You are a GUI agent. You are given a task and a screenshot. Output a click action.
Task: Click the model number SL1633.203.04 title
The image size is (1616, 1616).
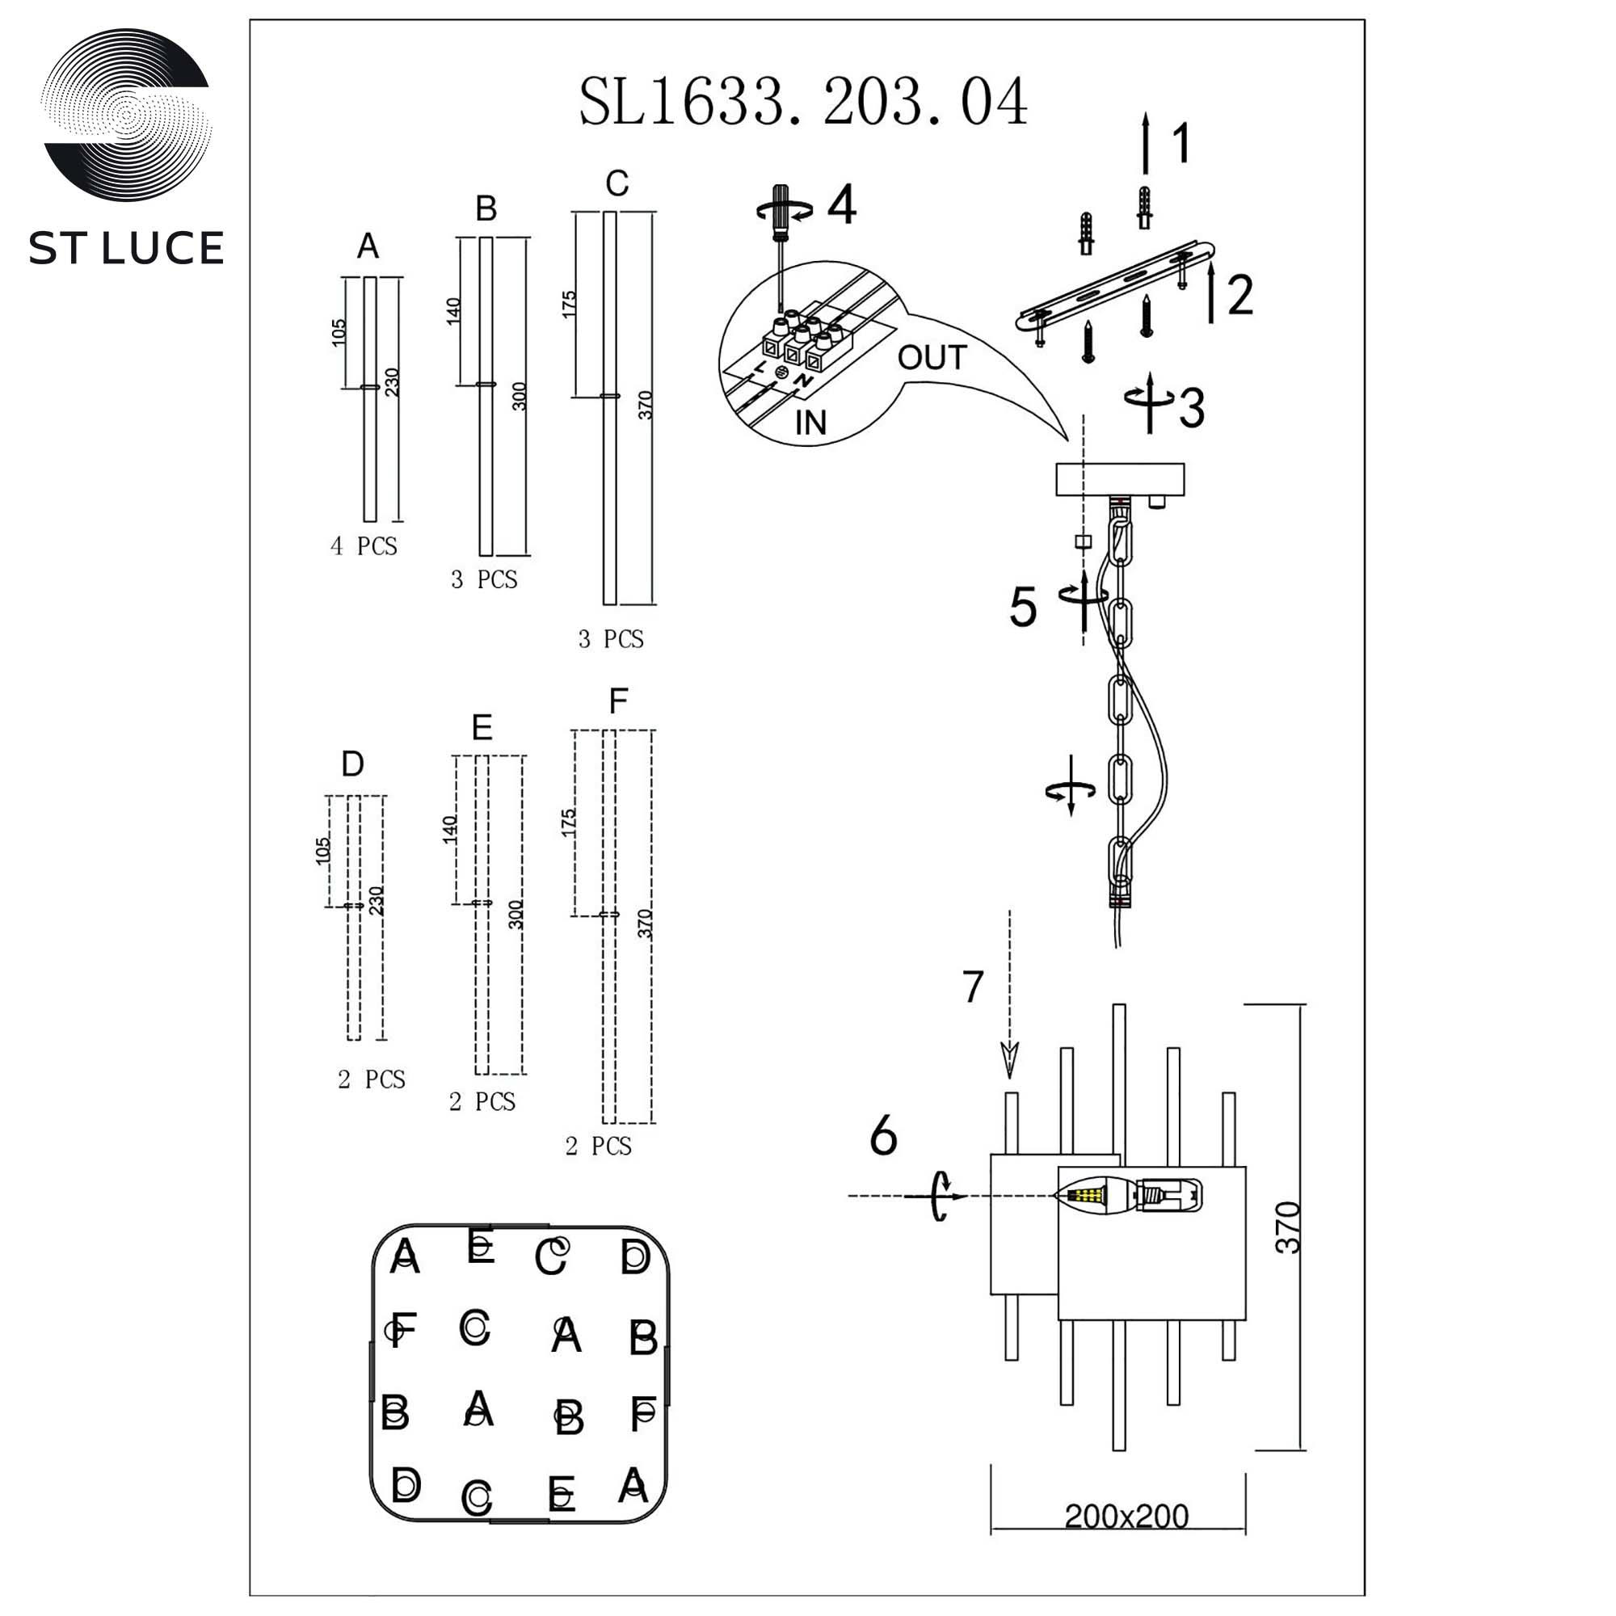(802, 102)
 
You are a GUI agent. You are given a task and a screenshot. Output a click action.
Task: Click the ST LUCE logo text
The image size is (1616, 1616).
(126, 248)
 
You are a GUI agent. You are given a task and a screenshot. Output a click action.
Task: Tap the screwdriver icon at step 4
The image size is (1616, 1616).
(781, 212)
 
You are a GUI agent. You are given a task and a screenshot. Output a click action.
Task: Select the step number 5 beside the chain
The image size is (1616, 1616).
(1023, 608)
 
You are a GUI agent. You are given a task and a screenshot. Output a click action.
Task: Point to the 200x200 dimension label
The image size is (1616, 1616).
(1126, 1516)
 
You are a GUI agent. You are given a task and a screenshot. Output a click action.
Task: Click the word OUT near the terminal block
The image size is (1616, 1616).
(932, 358)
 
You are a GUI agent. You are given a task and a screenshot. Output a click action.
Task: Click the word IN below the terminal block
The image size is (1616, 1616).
(810, 423)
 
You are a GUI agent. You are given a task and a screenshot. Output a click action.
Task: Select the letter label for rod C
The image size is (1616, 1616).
(617, 183)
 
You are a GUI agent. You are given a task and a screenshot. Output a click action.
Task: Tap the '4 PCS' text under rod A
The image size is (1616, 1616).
(364, 546)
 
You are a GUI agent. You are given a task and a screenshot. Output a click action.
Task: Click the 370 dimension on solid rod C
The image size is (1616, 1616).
(645, 406)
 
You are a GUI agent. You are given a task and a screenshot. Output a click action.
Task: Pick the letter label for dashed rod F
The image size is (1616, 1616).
(618, 701)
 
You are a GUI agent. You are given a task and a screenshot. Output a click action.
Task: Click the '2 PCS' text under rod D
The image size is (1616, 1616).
(372, 1079)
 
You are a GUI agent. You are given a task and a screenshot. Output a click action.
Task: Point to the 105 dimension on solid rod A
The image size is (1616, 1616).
(339, 332)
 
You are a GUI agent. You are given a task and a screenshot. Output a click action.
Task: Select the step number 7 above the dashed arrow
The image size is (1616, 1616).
(972, 987)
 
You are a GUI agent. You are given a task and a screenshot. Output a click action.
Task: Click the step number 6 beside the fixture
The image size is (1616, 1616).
(883, 1136)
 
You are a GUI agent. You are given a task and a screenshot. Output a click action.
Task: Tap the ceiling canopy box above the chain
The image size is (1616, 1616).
(1120, 479)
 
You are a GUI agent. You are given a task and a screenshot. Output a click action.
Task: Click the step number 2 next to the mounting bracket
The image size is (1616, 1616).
(1239, 294)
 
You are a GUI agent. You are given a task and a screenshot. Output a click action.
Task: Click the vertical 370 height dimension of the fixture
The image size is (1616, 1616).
(1288, 1227)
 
